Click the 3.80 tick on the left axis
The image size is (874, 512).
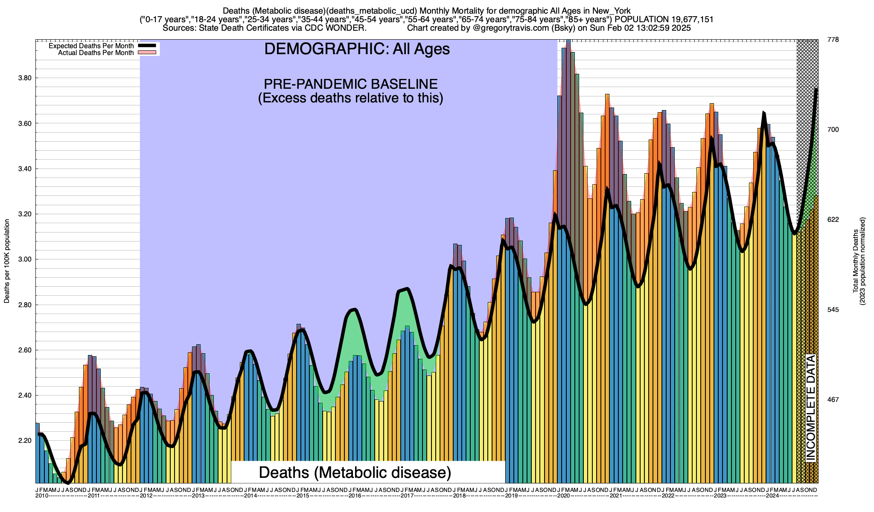(x=25, y=78)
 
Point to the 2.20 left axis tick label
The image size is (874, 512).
(x=25, y=441)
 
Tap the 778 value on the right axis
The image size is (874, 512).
(x=833, y=40)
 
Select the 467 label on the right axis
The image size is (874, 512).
(x=833, y=400)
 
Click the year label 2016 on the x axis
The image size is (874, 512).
(x=355, y=496)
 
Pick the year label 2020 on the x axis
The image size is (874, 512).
(x=563, y=496)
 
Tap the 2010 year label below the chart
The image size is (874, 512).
(x=42, y=496)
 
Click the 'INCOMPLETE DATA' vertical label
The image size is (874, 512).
(x=810, y=408)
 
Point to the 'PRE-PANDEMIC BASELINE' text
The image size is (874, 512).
(x=350, y=84)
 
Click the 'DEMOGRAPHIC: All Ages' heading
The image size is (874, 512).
(x=357, y=49)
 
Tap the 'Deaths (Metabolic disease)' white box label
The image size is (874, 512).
(x=355, y=472)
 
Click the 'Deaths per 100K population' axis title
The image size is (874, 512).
(x=7, y=261)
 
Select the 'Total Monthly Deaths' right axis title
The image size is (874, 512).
(x=856, y=261)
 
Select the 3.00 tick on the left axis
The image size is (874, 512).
(x=25, y=259)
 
